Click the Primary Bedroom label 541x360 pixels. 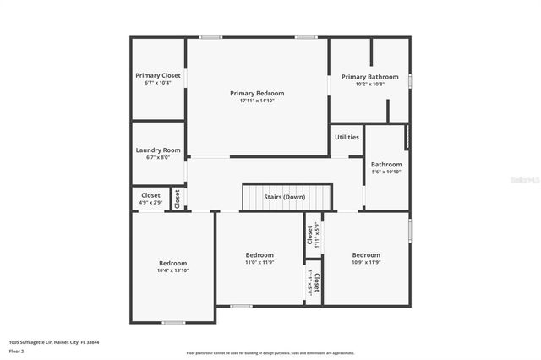pyautogui.click(x=257, y=93)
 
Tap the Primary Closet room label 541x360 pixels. pyautogui.click(x=158, y=75)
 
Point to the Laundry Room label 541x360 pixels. pyautogui.click(x=158, y=150)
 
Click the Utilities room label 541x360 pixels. pyautogui.click(x=347, y=137)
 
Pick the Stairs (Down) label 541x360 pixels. pyautogui.click(x=284, y=197)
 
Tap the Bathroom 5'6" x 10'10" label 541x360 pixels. pyautogui.click(x=386, y=165)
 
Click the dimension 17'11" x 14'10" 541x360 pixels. pyautogui.click(x=257, y=101)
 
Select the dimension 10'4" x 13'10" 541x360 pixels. pyautogui.click(x=172, y=270)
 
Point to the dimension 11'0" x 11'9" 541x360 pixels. pyautogui.click(x=260, y=262)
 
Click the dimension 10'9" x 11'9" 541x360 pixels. pyautogui.click(x=366, y=262)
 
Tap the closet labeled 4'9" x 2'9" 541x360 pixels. pyautogui.click(x=150, y=203)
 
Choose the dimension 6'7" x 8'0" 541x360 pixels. pyautogui.click(x=158, y=157)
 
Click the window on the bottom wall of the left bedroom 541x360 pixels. pyautogui.click(x=173, y=322)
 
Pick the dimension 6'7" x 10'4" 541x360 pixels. pyautogui.click(x=158, y=83)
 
